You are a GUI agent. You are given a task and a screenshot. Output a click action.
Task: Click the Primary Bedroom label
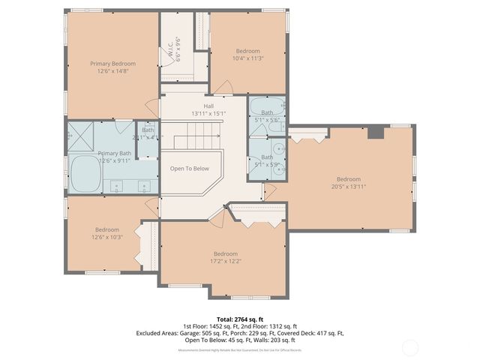(112, 64)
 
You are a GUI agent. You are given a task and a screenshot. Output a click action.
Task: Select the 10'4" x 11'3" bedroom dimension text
(247, 58)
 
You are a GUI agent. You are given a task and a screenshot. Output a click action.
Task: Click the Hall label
(198, 106)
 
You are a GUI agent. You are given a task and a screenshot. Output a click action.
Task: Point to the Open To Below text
(189, 168)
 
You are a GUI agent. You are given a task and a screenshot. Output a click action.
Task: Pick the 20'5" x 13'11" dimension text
(348, 186)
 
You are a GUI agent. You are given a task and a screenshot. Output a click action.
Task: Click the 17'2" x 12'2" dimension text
(225, 260)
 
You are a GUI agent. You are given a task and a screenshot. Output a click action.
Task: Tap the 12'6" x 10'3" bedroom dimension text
(106, 237)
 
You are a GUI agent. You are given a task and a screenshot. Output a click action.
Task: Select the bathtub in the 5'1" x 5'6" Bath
(268, 106)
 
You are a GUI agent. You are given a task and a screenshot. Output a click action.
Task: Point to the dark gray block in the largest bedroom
(376, 132)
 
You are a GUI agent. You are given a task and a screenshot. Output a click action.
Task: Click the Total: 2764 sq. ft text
(239, 319)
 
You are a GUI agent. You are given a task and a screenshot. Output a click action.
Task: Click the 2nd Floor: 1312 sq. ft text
(269, 326)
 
